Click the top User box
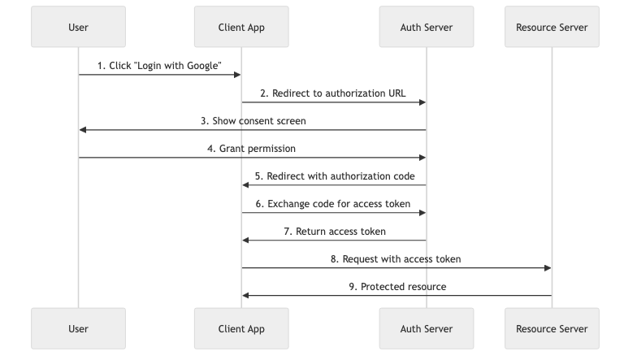coord(79,28)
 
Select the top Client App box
coord(241,28)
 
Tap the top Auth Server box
coord(427,28)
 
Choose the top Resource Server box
coord(552,28)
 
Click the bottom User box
coord(79,328)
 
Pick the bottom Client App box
coord(241,328)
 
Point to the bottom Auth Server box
coord(427,328)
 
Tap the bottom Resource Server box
coord(552,328)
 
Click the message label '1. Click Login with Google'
coord(159,66)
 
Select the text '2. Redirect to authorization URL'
coord(333,93)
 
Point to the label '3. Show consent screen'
coord(253,121)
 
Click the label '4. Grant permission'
coord(253,149)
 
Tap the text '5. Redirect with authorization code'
coord(334,176)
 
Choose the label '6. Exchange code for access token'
coord(333,204)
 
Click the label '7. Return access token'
coord(334,232)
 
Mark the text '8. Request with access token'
coord(396,259)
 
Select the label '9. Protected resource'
coord(396,287)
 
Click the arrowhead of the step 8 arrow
coord(548,268)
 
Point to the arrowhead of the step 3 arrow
coord(83,130)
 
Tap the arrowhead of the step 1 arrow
coord(237,75)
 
